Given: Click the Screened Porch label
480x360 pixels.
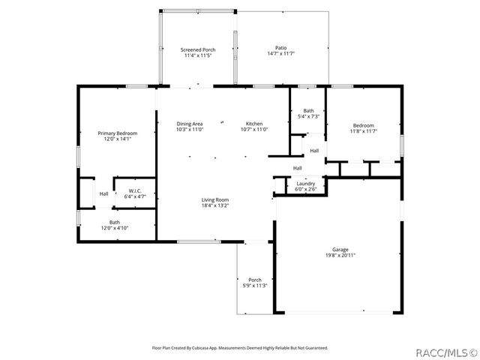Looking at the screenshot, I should point(197,49).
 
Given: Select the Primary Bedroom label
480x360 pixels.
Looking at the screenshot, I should point(117,133).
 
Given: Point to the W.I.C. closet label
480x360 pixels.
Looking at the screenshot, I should point(135,190).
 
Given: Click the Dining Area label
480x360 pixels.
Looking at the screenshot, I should point(190,124).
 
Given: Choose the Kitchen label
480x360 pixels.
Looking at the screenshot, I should point(254,124).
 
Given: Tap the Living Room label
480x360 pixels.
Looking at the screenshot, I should point(214,199).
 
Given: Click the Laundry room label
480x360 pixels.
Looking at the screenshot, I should point(305,183).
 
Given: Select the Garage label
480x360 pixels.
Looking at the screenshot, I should point(340,249).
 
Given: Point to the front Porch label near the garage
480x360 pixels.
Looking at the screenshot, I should point(255,280).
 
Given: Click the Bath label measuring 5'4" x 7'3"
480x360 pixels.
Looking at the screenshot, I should point(308,111).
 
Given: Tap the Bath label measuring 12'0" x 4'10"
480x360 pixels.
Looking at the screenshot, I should point(115,222).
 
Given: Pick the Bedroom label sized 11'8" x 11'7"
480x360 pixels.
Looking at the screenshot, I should point(363,125).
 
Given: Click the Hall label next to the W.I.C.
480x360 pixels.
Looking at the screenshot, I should point(103,194).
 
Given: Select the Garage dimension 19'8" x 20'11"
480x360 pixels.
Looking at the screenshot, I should point(340,255).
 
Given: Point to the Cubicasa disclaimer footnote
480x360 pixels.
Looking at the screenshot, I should point(240,347).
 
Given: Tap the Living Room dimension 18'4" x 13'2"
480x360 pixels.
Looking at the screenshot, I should point(214,205).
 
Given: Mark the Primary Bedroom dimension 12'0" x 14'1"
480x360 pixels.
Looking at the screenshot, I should point(117,139).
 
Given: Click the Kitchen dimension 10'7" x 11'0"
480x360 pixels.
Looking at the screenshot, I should point(254,130).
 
